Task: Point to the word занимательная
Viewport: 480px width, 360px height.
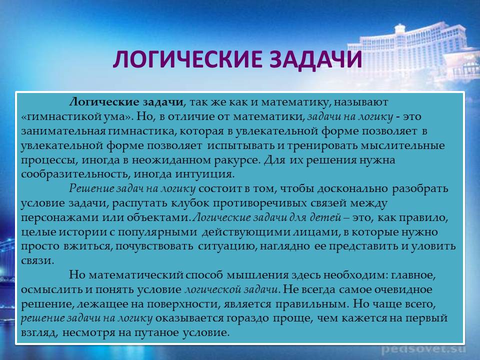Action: [63, 131]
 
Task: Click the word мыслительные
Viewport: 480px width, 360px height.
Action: [402, 145]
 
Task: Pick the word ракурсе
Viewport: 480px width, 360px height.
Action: [240, 160]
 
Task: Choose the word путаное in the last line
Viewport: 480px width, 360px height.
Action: [156, 333]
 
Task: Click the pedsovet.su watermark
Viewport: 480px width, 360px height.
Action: [423, 348]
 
